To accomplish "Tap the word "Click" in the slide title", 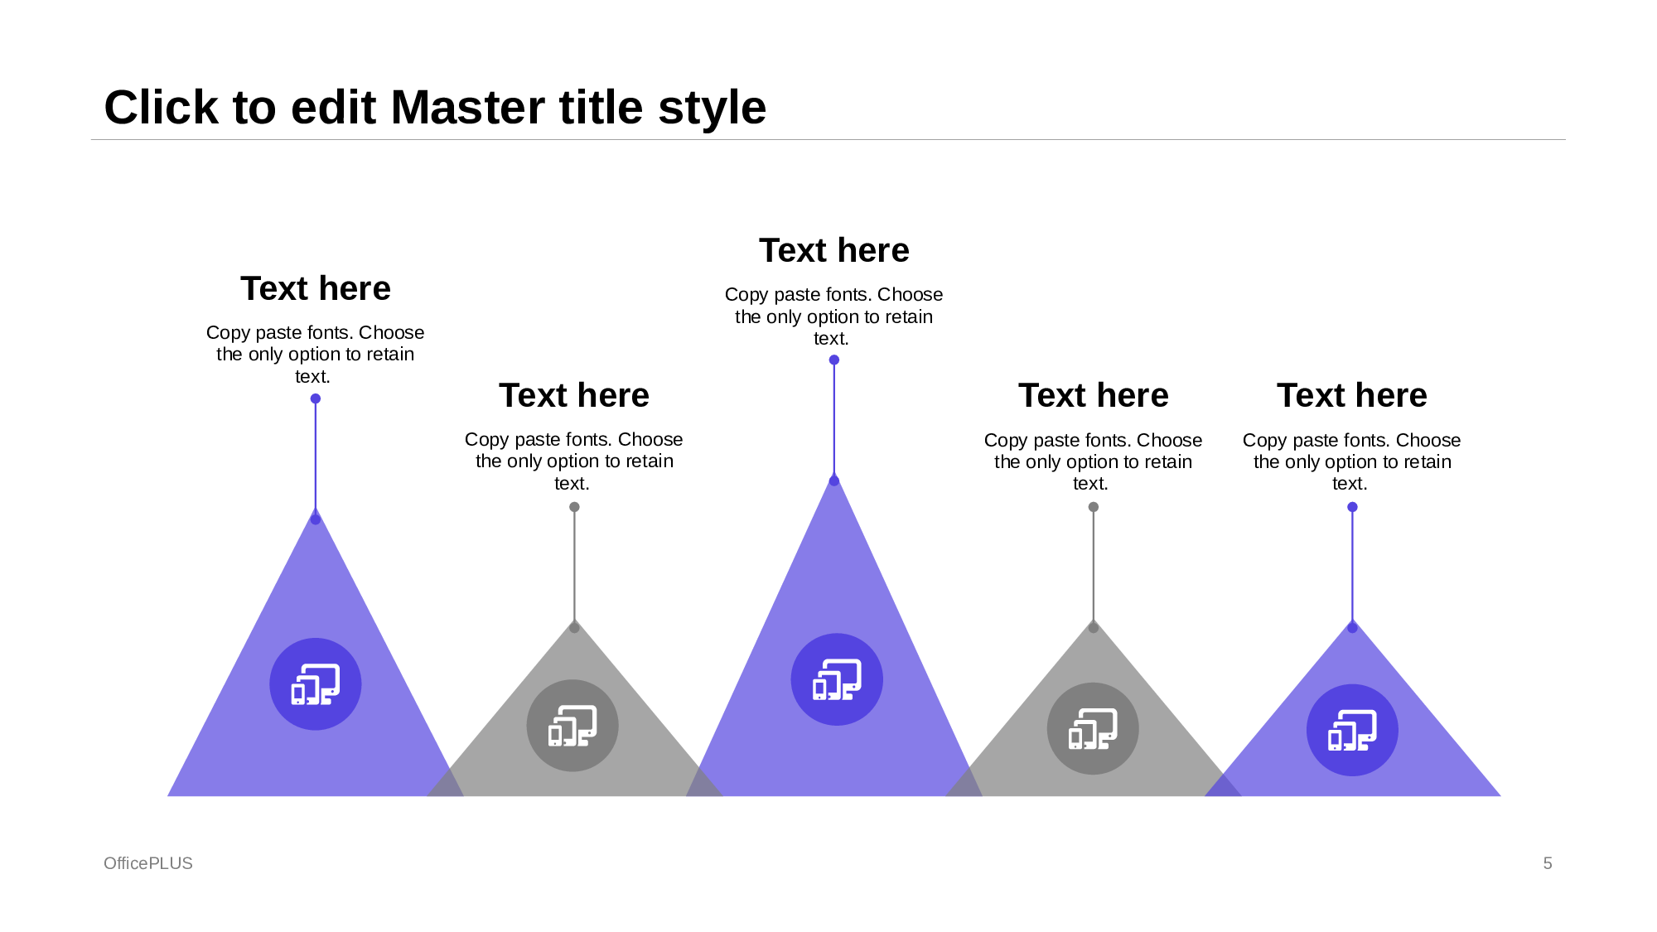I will (x=161, y=108).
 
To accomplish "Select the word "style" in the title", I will (x=712, y=108).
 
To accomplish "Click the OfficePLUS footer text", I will (x=148, y=863).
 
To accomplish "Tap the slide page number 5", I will (x=1547, y=863).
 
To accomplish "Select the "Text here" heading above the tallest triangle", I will (x=833, y=250).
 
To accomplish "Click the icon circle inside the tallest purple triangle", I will (x=837, y=679).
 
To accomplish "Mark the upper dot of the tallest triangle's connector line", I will (x=834, y=360).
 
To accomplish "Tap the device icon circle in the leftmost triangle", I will (x=316, y=684).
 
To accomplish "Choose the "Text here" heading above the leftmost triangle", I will (x=316, y=288).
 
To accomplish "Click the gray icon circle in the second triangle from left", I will (x=572, y=726).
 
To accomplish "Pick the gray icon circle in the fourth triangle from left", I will (x=1093, y=728).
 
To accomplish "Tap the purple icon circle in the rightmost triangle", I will (x=1352, y=730).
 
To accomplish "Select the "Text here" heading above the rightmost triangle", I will (x=1351, y=395).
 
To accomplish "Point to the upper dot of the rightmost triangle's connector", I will (x=1352, y=507).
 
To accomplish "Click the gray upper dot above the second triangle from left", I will (x=574, y=507).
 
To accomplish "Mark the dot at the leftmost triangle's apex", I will (x=316, y=519).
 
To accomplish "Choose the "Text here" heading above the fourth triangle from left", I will (x=1093, y=395).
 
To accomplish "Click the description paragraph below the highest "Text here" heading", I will (x=833, y=316).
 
